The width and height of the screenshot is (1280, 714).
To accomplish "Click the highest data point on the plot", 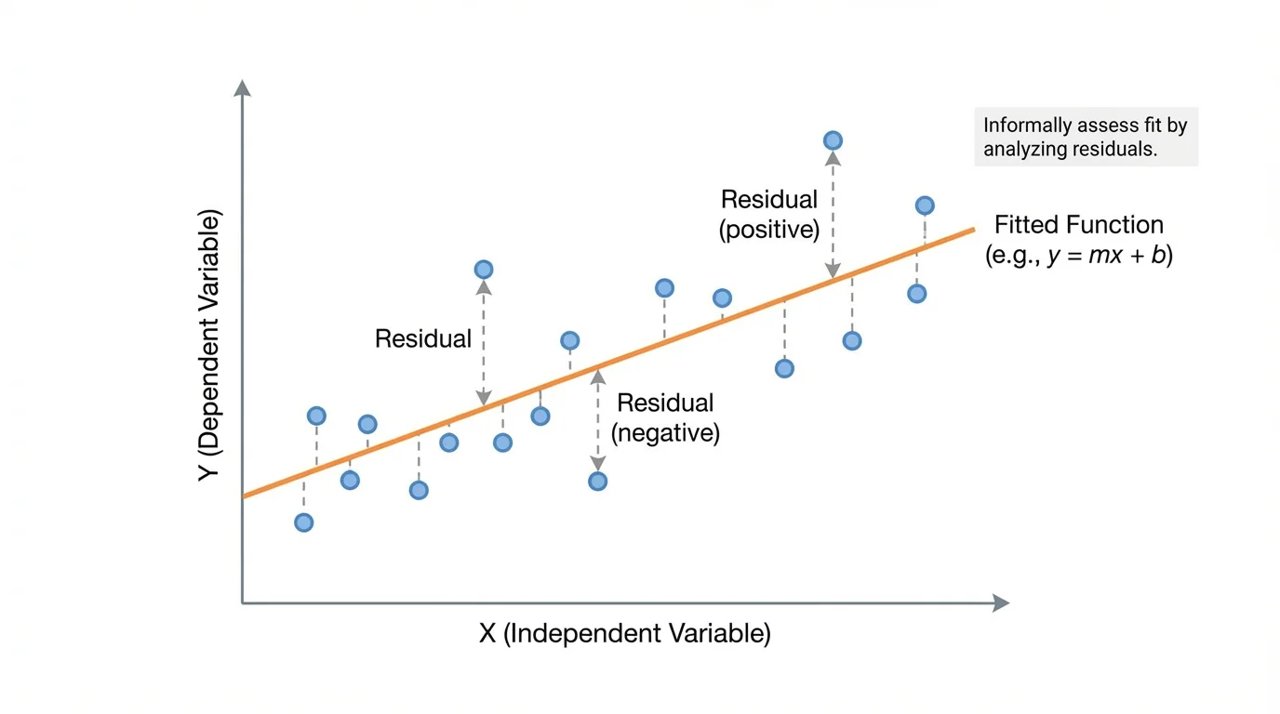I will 833,140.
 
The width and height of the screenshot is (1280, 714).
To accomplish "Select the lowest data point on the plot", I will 303,522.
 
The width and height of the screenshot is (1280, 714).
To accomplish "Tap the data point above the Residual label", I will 483,270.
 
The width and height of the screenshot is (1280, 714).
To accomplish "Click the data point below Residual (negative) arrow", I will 597,482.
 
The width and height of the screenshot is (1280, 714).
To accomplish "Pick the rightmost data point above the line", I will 924,205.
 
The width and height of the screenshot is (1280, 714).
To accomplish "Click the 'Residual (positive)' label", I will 768,215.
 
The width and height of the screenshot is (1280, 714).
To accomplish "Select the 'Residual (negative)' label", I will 665,418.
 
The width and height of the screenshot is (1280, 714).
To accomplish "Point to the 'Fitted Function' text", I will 1078,225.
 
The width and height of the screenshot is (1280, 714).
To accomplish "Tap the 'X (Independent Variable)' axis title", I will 624,634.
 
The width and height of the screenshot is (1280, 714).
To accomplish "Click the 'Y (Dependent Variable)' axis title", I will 210,345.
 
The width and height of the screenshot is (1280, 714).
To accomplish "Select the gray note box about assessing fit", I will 1086,137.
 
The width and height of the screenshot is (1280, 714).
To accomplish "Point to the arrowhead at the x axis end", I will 1001,603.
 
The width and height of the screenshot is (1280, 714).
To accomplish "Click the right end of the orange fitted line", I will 972,229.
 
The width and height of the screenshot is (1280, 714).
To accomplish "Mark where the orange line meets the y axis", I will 244,496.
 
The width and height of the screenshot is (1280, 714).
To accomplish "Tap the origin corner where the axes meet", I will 243,603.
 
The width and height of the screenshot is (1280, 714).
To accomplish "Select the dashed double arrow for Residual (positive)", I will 833,214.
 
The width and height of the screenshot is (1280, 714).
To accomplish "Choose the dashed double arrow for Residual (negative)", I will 597,420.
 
